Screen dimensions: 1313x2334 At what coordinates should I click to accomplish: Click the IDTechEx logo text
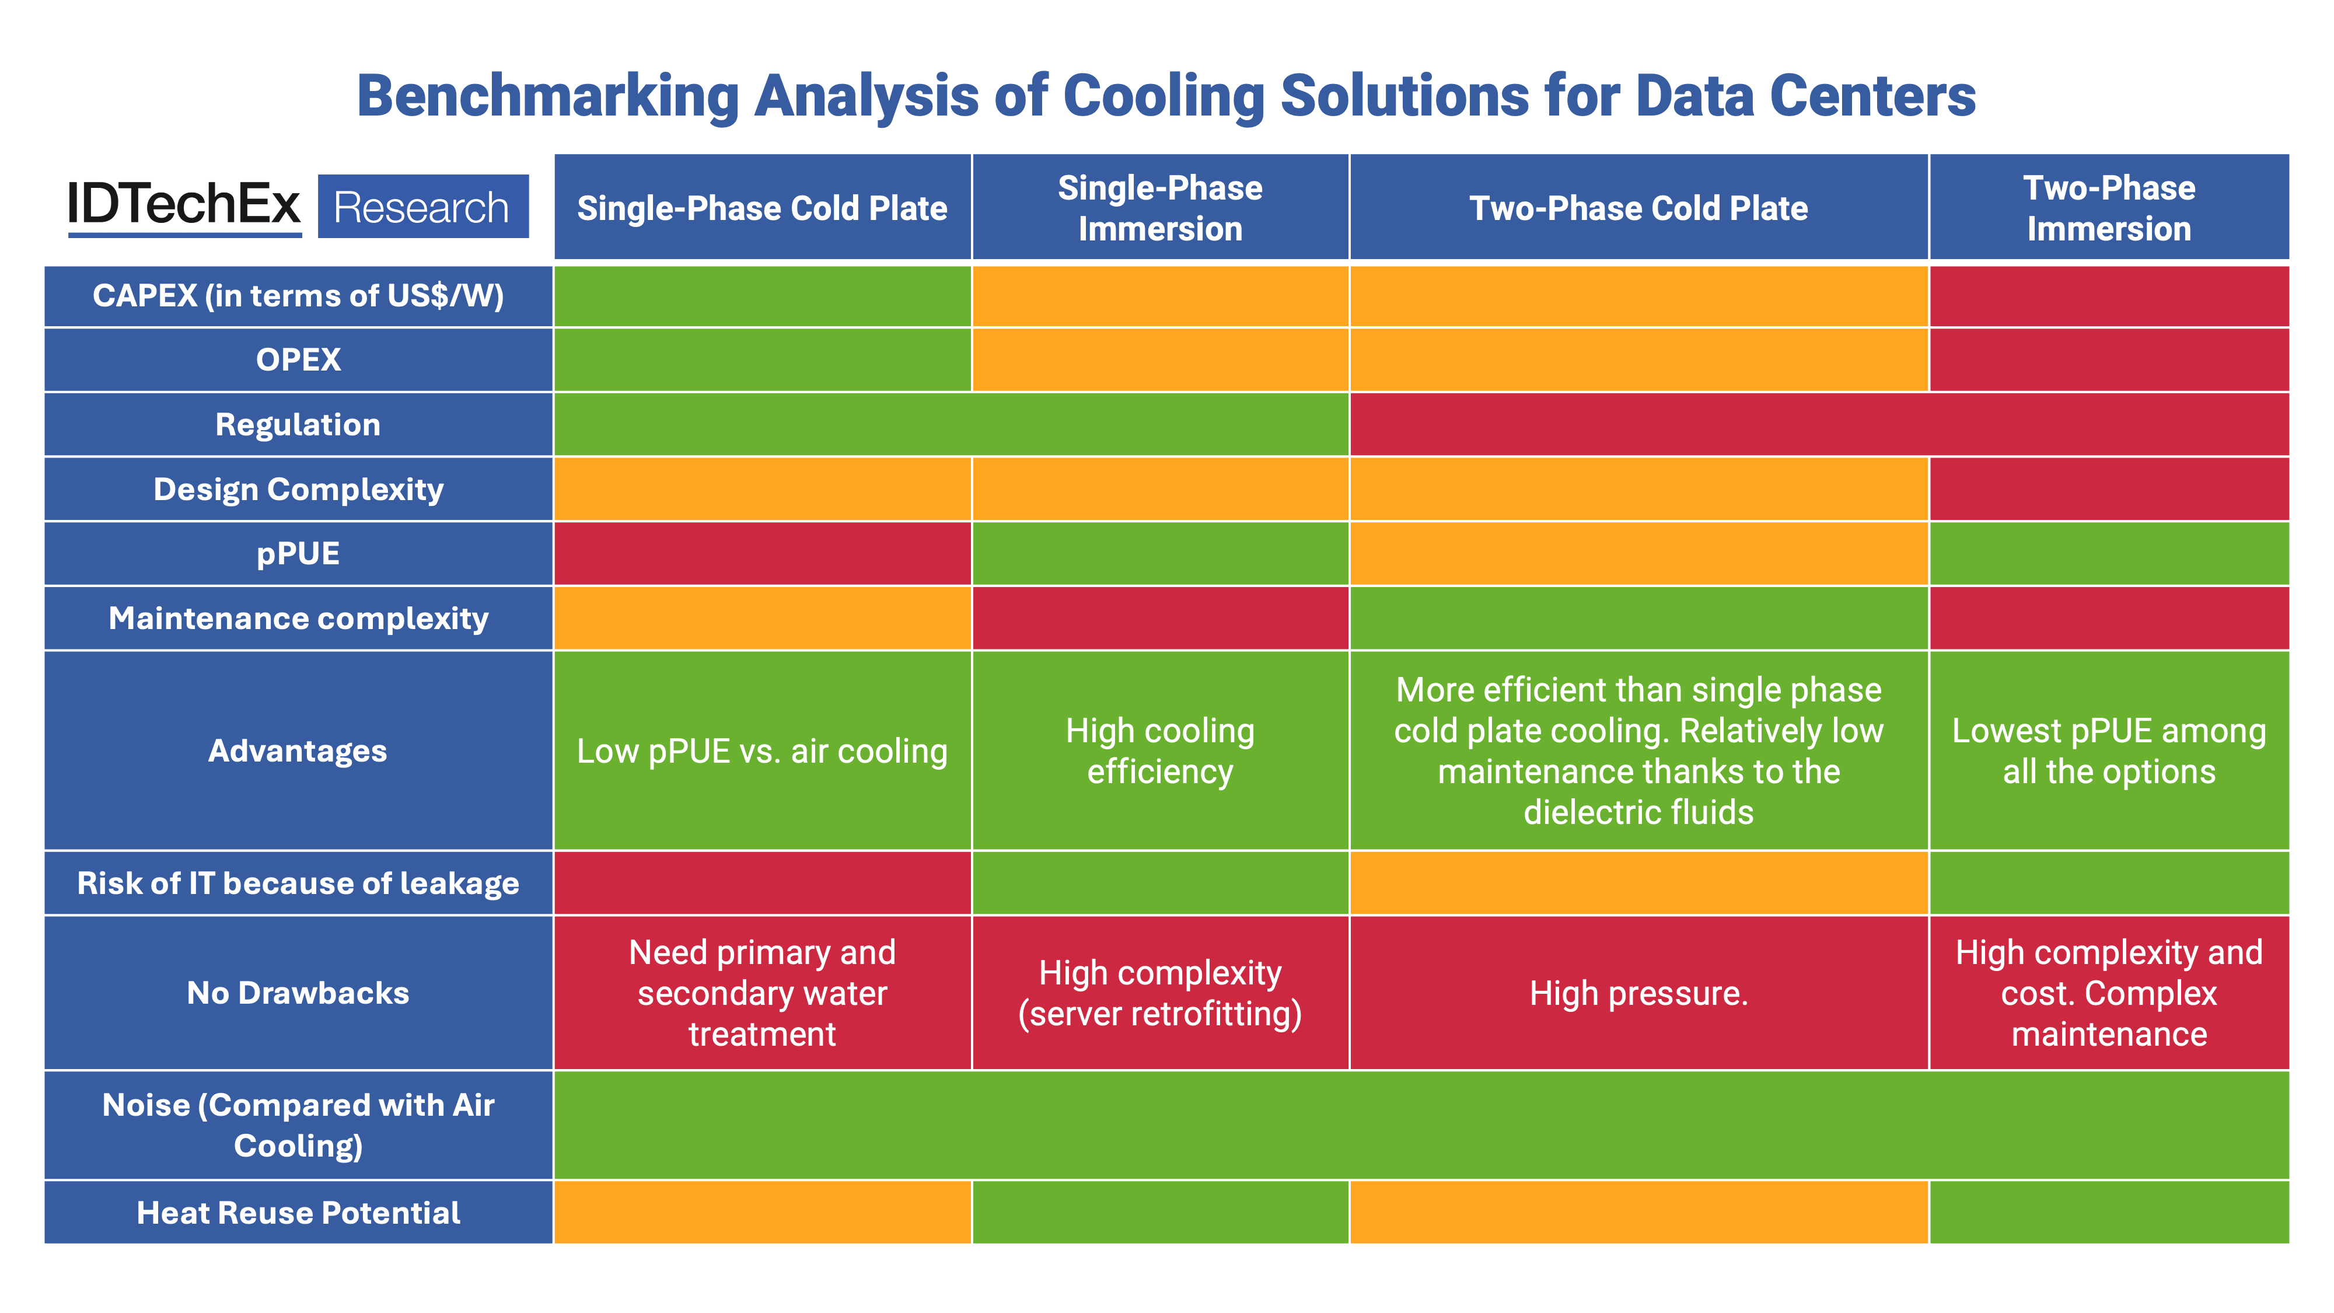point(183,205)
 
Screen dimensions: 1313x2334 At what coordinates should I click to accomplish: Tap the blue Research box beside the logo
point(422,207)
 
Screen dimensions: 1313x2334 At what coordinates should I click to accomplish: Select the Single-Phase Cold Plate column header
point(762,208)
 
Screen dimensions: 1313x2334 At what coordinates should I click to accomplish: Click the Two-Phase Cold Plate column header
point(1638,208)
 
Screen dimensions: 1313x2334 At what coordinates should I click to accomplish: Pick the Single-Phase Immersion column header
point(1160,208)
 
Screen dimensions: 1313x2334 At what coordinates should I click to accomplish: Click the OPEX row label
point(298,359)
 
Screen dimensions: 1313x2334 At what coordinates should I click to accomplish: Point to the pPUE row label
point(298,554)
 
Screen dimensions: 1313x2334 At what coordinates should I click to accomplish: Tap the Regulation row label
point(298,424)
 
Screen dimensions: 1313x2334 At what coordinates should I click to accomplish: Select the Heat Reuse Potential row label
point(298,1213)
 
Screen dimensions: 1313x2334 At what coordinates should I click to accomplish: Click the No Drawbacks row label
point(298,993)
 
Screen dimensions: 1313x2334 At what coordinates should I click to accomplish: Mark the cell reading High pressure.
point(1638,993)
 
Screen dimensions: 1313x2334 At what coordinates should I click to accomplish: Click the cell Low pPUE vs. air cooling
point(762,751)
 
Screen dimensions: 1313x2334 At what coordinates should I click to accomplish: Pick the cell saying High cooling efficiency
point(1160,751)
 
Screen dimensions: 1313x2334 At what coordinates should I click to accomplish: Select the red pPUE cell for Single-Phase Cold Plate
point(762,554)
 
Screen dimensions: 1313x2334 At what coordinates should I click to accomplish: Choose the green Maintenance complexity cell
point(1638,618)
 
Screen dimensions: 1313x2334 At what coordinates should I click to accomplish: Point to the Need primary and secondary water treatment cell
point(762,993)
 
